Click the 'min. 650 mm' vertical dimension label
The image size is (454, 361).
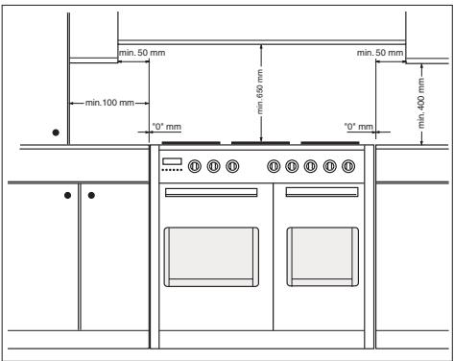click(260, 92)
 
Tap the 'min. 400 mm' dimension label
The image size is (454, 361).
click(421, 103)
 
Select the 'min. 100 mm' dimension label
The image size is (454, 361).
click(109, 103)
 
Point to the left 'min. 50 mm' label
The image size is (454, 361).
click(142, 53)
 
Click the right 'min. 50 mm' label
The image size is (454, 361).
click(380, 52)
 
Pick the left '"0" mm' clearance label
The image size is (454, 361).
click(167, 127)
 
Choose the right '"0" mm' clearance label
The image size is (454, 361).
click(359, 127)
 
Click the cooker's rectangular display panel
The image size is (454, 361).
click(172, 161)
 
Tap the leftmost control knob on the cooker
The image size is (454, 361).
click(195, 166)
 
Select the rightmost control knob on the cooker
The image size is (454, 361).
click(348, 166)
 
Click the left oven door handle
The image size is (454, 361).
click(211, 192)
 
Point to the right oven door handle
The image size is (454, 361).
click(322, 192)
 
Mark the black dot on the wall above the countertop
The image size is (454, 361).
click(56, 132)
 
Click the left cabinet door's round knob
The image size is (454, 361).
click(67, 195)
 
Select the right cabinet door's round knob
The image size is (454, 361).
click(91, 195)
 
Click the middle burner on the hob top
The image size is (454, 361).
click(260, 143)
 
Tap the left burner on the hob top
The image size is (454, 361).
click(191, 143)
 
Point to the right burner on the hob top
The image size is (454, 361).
click(330, 143)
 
